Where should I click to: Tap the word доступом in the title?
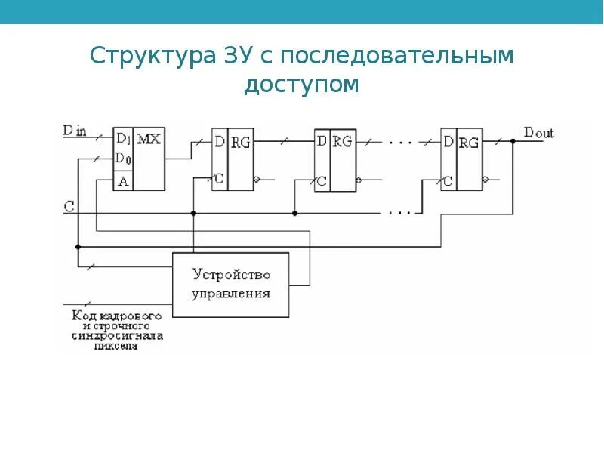(x=301, y=85)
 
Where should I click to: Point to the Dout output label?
(x=538, y=133)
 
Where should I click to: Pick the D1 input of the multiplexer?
(x=122, y=140)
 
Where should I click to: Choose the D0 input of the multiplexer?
(x=122, y=159)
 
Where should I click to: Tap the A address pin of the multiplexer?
(x=122, y=180)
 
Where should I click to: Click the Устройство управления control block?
(x=231, y=284)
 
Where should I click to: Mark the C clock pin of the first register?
(x=219, y=180)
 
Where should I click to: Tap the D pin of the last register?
(x=448, y=141)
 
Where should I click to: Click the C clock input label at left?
(x=69, y=205)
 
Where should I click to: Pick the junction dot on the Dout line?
(x=513, y=140)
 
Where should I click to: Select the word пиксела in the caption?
(x=117, y=347)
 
